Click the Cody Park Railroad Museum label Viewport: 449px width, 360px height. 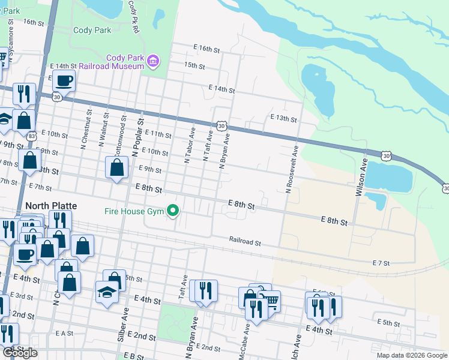pyautogui.click(x=125, y=62)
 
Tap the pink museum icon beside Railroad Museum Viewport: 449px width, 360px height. pyautogui.click(x=154, y=60)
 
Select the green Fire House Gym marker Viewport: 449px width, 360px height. pyautogui.click(x=173, y=210)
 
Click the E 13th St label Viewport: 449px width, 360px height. pyautogui.click(x=283, y=118)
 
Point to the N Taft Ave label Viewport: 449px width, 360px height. pyautogui.click(x=208, y=146)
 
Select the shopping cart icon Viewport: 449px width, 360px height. pyautogui.click(x=271, y=300)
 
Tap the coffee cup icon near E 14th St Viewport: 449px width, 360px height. pyautogui.click(x=64, y=80)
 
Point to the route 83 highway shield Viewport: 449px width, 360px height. pyautogui.click(x=31, y=136)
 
